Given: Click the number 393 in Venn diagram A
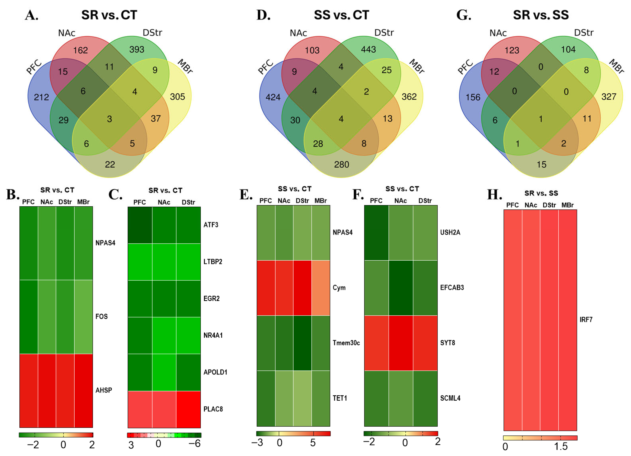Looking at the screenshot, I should click(x=137, y=49).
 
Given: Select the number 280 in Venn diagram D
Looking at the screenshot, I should click(x=341, y=164).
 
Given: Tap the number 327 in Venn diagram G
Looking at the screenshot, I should click(x=609, y=97).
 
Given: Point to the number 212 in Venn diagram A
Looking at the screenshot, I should click(x=42, y=97).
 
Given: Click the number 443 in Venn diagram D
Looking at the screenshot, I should click(x=368, y=49).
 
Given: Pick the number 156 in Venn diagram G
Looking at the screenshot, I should click(x=473, y=97).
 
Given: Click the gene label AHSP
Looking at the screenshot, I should click(x=103, y=390).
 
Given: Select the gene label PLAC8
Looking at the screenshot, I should click(x=213, y=409).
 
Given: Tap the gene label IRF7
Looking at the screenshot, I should click(x=586, y=319).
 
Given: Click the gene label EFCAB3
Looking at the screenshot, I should click(x=452, y=287).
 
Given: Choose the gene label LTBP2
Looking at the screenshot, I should click(x=213, y=261).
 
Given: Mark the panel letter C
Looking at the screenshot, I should click(x=115, y=195).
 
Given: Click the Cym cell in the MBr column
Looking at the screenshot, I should click(x=321, y=288).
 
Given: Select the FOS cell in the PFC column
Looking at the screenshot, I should click(x=29, y=317).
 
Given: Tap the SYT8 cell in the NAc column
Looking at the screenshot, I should click(x=401, y=343).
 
